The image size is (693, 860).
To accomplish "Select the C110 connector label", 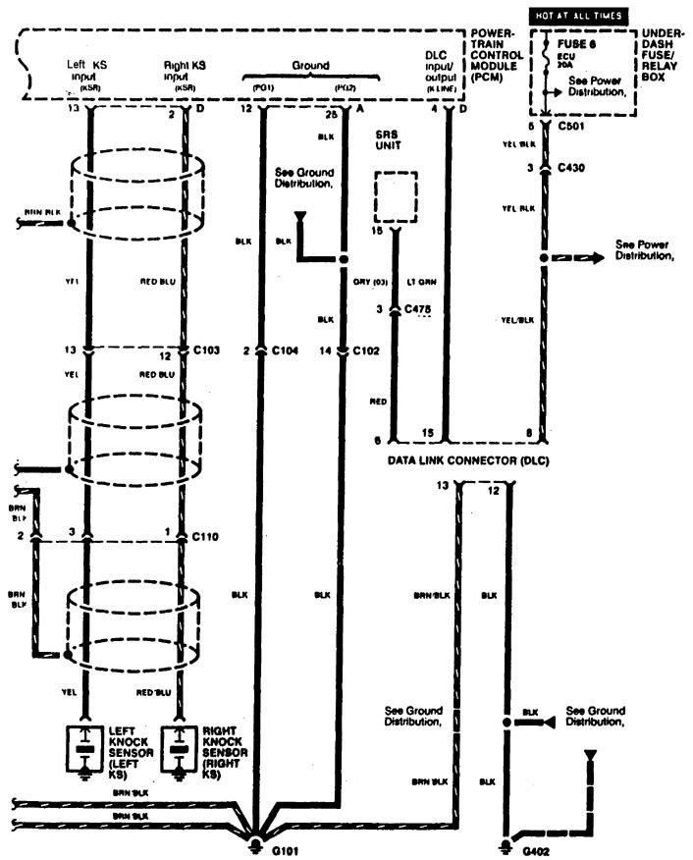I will click(205, 537).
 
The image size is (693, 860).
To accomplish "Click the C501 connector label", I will click(570, 128).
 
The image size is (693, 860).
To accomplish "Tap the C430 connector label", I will click(570, 168).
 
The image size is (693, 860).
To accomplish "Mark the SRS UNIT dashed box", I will click(396, 197).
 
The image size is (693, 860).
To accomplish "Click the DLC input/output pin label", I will click(437, 74).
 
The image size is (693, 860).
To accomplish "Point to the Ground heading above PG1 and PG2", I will click(309, 66).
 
